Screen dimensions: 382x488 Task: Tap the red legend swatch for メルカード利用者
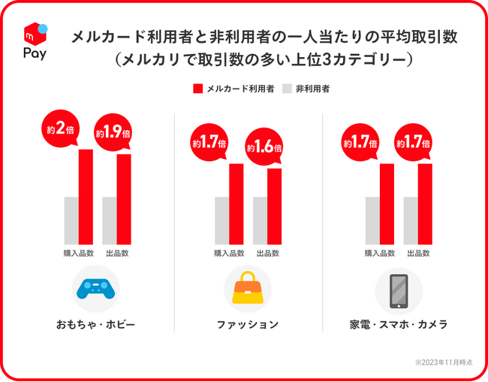pos(198,89)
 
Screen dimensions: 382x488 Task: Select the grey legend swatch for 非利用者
pos(287,89)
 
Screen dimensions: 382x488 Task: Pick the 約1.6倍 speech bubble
pos(263,147)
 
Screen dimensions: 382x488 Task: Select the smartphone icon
pos(399,290)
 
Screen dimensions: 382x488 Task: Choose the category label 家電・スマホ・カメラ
pos(399,325)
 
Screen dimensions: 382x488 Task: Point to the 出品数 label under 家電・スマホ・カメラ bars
pos(418,253)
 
